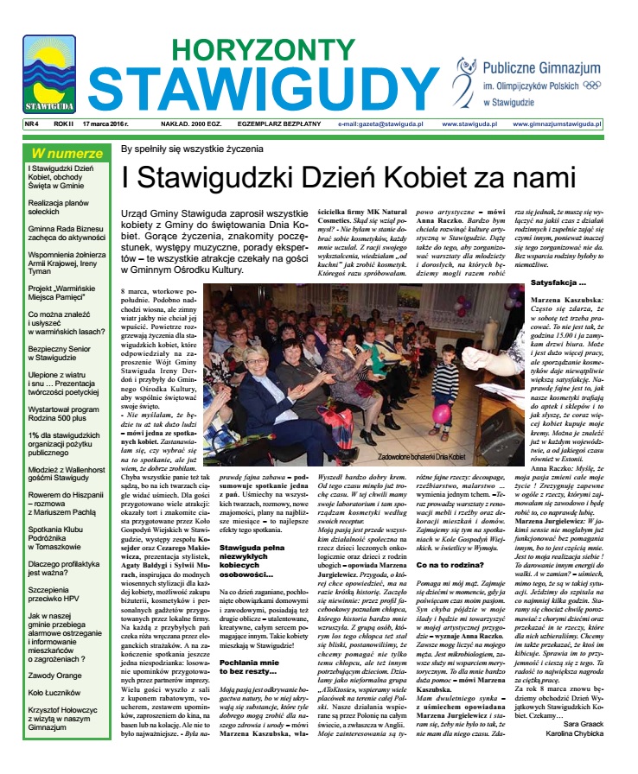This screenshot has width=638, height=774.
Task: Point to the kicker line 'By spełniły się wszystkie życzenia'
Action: click(192, 149)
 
